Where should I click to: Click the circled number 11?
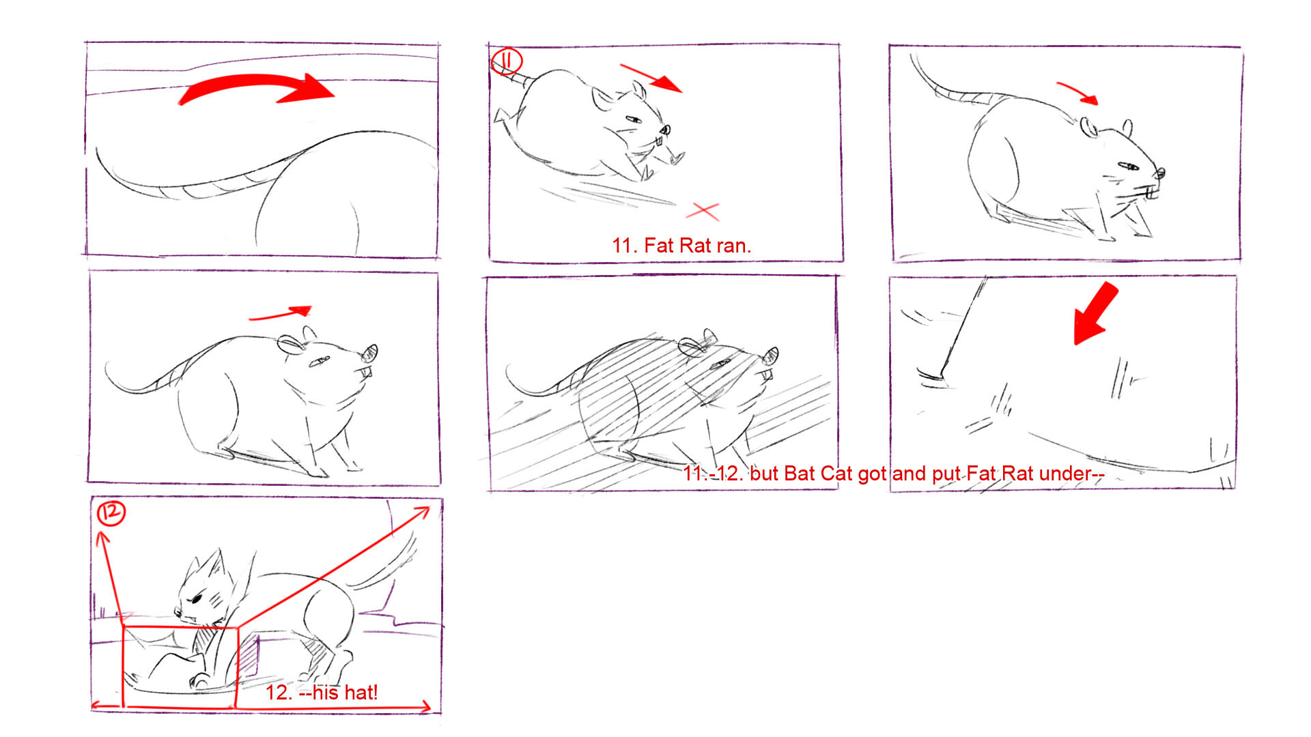click(x=506, y=61)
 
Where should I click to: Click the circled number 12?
click(x=111, y=512)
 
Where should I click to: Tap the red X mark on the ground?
click(x=703, y=212)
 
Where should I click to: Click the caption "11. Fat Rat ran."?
click(x=681, y=246)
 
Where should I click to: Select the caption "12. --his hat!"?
click(x=321, y=693)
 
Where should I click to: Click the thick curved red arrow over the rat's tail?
click(x=256, y=83)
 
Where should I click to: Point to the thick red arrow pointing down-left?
click(x=1095, y=315)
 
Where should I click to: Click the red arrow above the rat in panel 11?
click(x=651, y=78)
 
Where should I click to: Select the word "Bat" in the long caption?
click(x=800, y=474)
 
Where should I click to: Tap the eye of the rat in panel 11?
click(x=633, y=120)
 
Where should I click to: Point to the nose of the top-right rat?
click(x=1161, y=174)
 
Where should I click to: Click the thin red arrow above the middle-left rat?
click(x=280, y=314)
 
